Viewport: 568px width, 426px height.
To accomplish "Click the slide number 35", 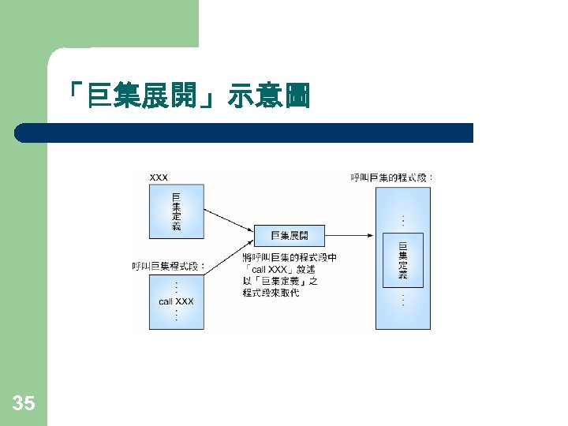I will pos(24,405).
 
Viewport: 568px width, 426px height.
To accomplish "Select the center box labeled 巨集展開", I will pos(289,235).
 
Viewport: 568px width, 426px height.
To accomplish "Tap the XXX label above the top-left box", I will pos(159,177).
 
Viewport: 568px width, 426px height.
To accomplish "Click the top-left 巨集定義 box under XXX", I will pos(176,211).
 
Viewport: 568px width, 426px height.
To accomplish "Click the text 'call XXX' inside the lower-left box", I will pos(176,301).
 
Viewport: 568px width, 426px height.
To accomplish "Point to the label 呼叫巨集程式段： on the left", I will pos(168,267).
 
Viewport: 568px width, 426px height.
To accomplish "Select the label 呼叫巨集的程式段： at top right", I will pos(391,177).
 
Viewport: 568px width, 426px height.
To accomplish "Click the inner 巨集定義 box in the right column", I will pos(402,260).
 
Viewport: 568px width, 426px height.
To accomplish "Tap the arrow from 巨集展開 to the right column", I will pos(349,235).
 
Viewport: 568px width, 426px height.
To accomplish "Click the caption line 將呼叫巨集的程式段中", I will pos(290,257).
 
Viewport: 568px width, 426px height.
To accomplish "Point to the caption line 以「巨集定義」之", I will pos(280,281).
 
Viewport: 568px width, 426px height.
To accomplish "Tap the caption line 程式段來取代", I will pos(271,293).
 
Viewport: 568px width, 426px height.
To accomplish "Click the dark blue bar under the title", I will pos(245,133).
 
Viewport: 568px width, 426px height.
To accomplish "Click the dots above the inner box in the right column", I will pos(403,219).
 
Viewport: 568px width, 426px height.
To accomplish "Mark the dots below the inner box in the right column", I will pos(403,301).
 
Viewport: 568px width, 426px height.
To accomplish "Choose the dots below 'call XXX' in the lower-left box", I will pos(176,316).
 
